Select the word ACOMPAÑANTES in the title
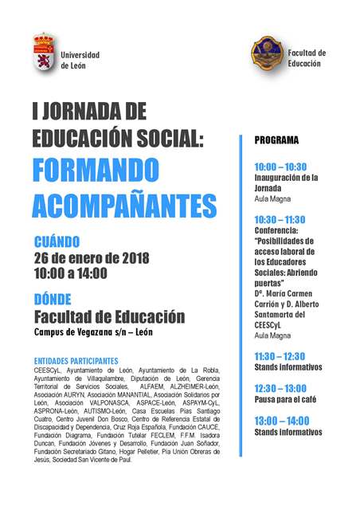pyautogui.click(x=124, y=205)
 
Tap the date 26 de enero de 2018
pyautogui.click(x=92, y=257)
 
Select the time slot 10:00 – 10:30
pyautogui.click(x=280, y=167)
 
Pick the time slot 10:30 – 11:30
pyautogui.click(x=280, y=218)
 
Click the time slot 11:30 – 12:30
pyautogui.click(x=280, y=355)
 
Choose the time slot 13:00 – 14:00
pyautogui.click(x=280, y=420)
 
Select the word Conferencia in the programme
pyautogui.click(x=277, y=229)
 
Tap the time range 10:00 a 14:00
pyautogui.click(x=71, y=273)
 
